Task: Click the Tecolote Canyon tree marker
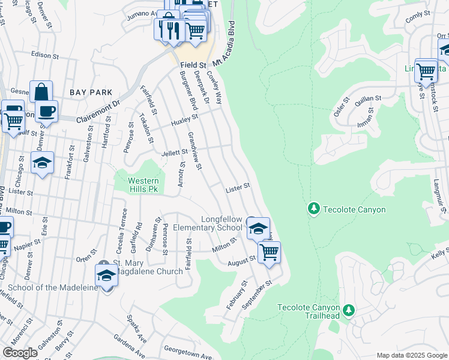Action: [x=313, y=209]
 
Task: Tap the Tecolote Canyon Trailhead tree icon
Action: [x=349, y=311]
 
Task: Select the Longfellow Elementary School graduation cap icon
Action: [x=259, y=228]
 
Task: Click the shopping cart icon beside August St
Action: [x=270, y=251]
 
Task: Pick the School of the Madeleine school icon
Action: [x=106, y=275]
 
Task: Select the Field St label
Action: [x=194, y=64]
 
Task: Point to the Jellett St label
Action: [x=175, y=153]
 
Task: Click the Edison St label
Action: [x=46, y=55]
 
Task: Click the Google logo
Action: [x=20, y=353]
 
